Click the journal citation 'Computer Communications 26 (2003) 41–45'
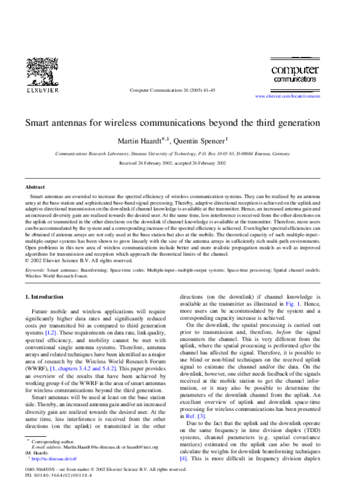pos(173,91)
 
